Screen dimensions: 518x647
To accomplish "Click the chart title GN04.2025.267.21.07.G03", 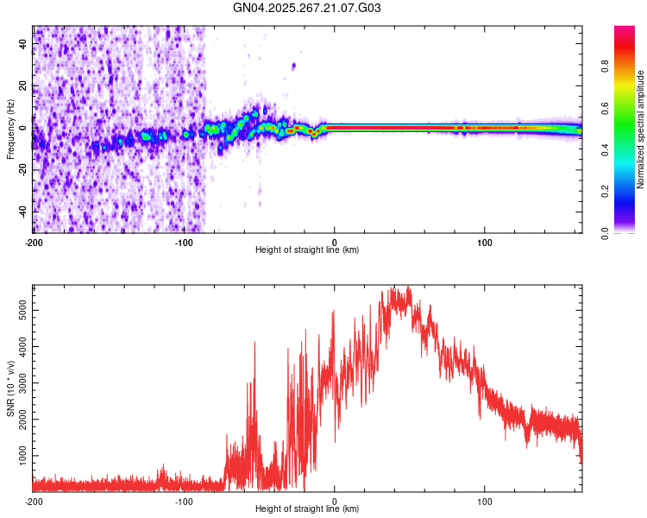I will click(308, 9).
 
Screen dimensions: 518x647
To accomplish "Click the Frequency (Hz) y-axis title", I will click(10, 129).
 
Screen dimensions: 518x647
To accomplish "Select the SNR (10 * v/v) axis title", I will click(10, 388).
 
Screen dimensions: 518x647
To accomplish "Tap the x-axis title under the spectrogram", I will click(307, 250).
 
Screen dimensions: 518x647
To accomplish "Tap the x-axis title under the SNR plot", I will click(307, 509).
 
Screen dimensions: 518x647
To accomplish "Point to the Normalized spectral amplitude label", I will click(641, 129).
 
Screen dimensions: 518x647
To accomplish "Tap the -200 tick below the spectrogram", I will click(34, 242).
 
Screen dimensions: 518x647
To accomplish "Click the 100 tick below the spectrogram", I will click(485, 242).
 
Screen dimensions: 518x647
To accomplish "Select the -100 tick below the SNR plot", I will click(184, 501).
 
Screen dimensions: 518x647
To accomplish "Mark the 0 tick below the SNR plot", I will click(335, 501).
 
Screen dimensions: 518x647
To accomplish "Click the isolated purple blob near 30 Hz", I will click(293, 66).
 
